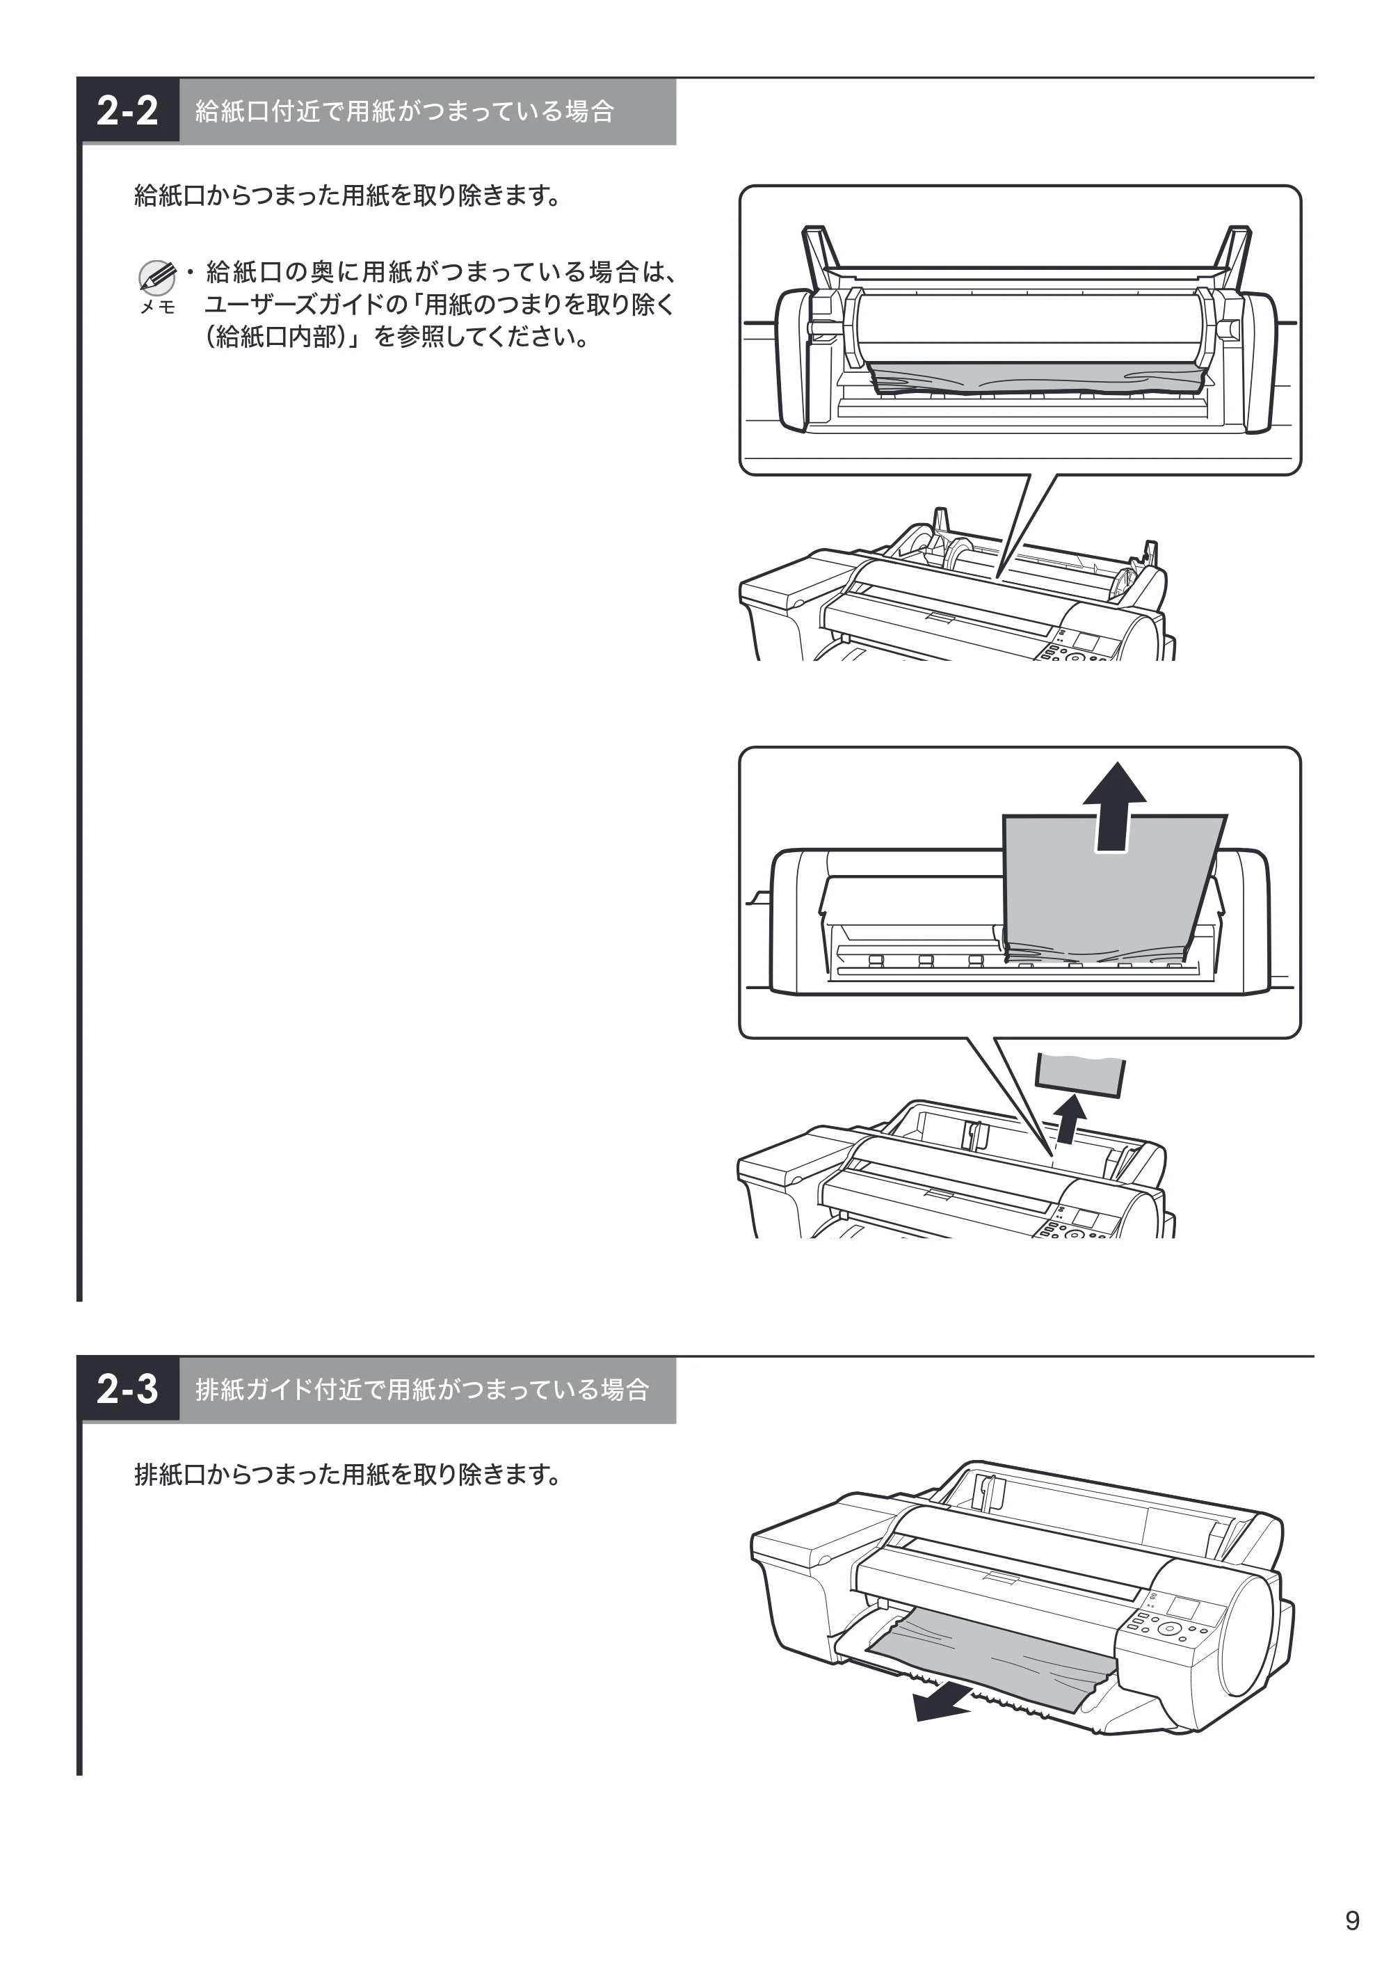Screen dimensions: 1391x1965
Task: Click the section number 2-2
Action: pos(127,111)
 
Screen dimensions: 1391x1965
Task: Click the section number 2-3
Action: pos(127,1389)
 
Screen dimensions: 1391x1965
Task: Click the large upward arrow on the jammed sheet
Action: pos(1114,806)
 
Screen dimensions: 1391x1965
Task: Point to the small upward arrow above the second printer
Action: pos(1068,1120)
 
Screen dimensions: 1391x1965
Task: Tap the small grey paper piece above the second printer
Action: pos(1080,1074)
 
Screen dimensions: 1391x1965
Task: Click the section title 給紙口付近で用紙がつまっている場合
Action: pos(404,111)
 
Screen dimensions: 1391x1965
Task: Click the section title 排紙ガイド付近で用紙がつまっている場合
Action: pos(422,1389)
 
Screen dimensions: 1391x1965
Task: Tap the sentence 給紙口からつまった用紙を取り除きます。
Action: pos(348,196)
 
